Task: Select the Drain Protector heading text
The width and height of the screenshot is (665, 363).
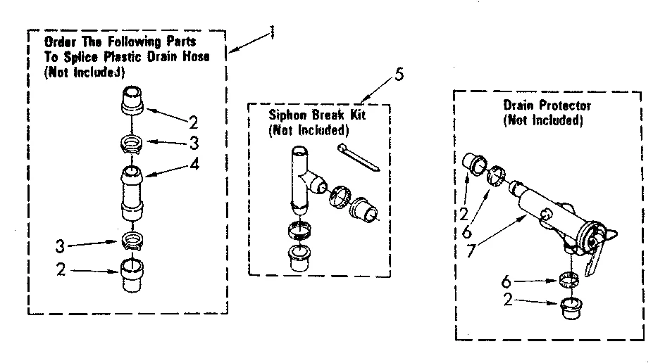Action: (x=547, y=106)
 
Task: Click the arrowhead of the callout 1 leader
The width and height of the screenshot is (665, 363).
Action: (x=230, y=51)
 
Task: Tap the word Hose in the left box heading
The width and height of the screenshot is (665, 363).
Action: (x=194, y=57)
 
